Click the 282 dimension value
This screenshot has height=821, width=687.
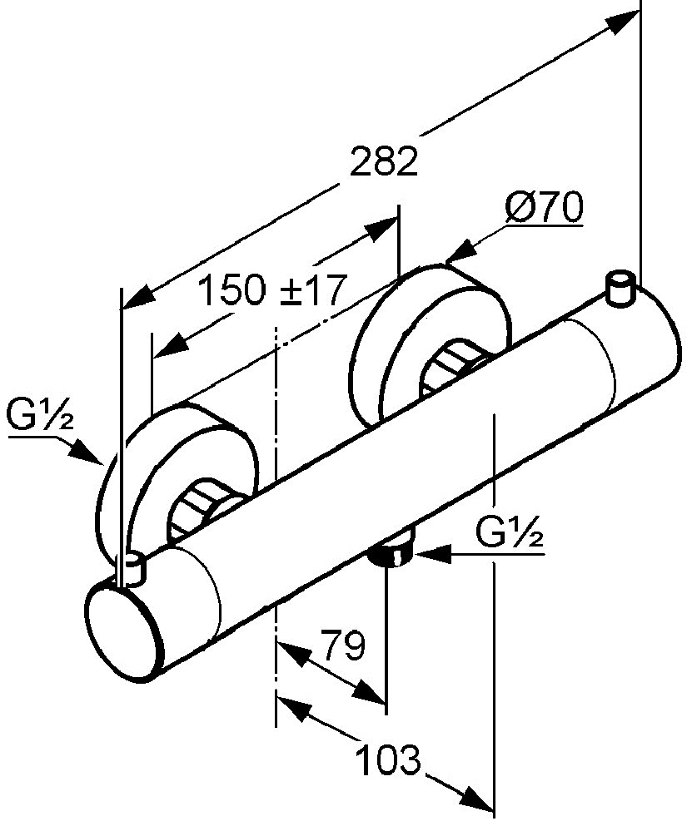(384, 161)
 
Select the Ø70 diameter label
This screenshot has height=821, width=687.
(544, 207)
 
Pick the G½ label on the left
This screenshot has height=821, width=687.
(40, 415)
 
